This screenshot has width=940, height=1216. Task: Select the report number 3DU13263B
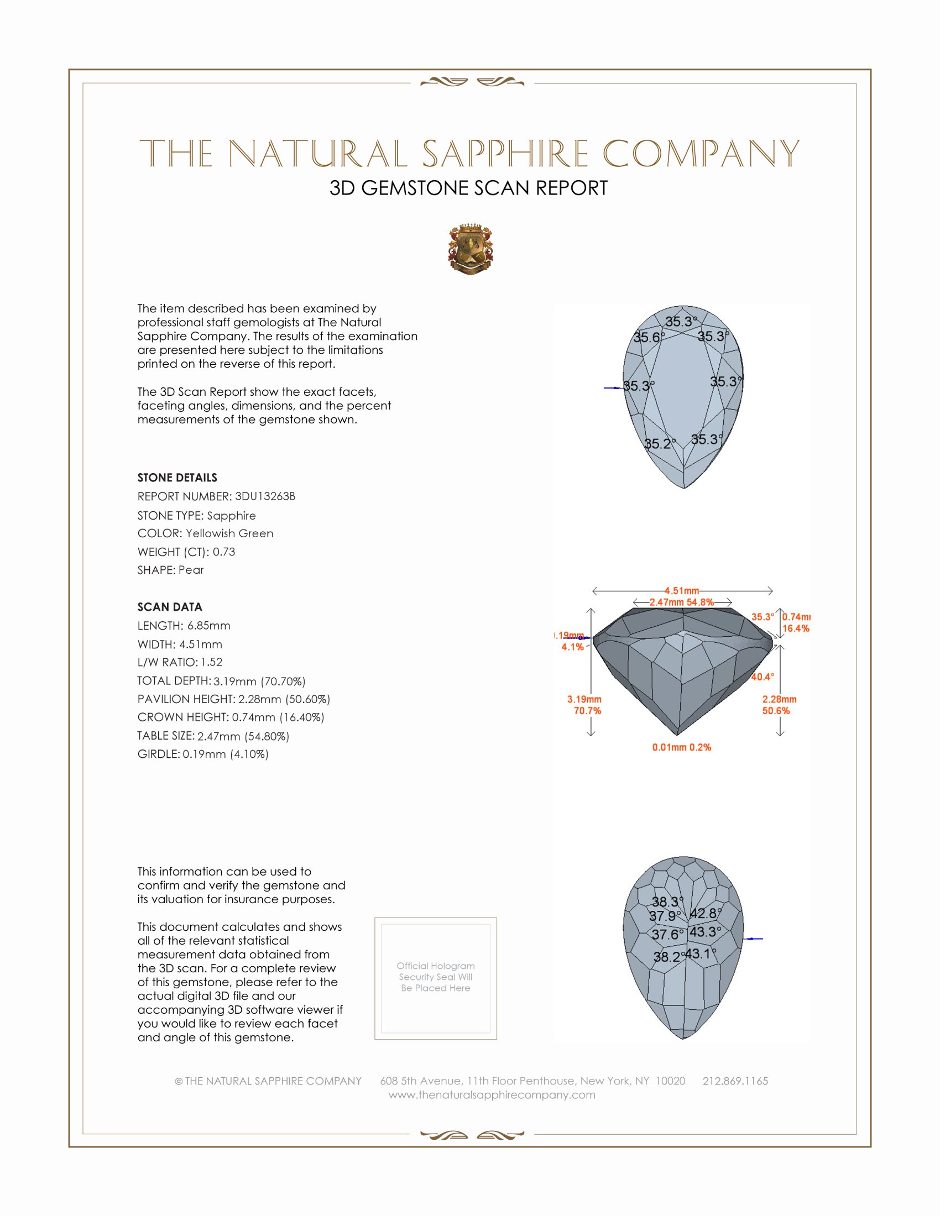pyautogui.click(x=265, y=496)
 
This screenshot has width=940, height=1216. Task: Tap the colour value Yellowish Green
pyautogui.click(x=229, y=533)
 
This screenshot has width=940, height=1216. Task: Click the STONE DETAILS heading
pyautogui.click(x=177, y=478)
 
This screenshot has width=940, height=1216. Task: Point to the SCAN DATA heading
pyautogui.click(x=170, y=607)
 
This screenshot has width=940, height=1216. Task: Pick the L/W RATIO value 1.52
pyautogui.click(x=212, y=662)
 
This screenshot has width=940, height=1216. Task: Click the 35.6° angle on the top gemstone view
pyautogui.click(x=648, y=337)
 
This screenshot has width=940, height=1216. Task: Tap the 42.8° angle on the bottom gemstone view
pyautogui.click(x=705, y=913)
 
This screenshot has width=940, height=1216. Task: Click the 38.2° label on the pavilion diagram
pyautogui.click(x=667, y=957)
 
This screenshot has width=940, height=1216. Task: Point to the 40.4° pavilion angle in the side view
pyautogui.click(x=763, y=677)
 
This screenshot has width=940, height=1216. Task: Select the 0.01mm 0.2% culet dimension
pyautogui.click(x=682, y=747)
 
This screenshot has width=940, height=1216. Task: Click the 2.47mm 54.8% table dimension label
pyautogui.click(x=682, y=602)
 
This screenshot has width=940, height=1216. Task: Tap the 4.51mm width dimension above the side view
pyautogui.click(x=682, y=591)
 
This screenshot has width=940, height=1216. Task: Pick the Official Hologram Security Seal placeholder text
pyautogui.click(x=436, y=977)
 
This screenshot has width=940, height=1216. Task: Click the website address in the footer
pyautogui.click(x=492, y=1094)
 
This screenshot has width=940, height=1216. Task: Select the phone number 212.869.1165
pyautogui.click(x=735, y=1081)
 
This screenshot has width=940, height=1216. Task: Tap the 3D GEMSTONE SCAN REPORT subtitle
pyautogui.click(x=468, y=188)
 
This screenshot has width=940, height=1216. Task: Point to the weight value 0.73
pyautogui.click(x=224, y=552)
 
